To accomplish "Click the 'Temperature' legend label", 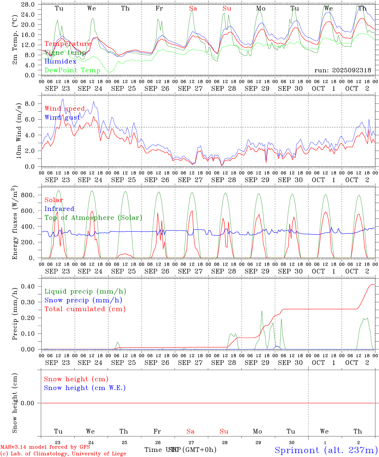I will (68, 44).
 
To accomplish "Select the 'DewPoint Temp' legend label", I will (72, 70).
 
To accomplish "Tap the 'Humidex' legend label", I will (60, 62).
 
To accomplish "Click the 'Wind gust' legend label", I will (62, 117).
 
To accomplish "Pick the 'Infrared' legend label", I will (59, 209).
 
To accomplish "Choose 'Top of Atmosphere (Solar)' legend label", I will (93, 218).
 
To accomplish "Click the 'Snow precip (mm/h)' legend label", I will (83, 300).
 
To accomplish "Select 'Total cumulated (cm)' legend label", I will (85, 309).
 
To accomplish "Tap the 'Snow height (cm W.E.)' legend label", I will (85, 388).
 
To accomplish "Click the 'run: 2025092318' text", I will (342, 70).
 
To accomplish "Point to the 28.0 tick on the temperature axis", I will (28, 4).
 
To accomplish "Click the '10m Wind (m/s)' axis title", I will (18, 130).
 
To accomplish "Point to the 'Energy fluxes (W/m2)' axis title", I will (15, 223).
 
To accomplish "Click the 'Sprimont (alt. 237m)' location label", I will (326, 450).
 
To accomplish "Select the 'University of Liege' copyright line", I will (63, 454).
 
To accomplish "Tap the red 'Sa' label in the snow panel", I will (190, 431).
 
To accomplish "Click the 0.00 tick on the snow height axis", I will (28, 403).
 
